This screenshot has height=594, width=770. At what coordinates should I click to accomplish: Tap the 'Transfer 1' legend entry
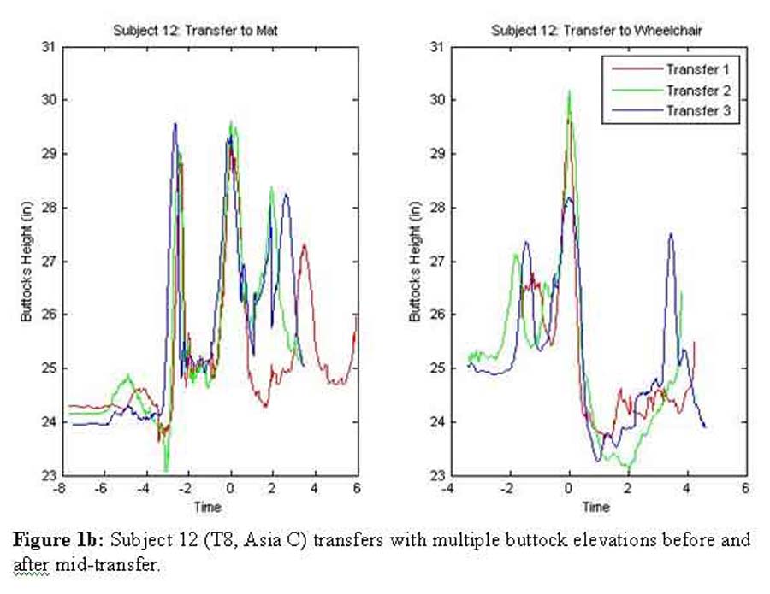701,68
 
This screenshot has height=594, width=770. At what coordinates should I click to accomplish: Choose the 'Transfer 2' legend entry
701,89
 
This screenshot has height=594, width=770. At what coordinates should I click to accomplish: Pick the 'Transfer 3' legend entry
701,109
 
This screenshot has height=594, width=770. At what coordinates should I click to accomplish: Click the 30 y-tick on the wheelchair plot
436,100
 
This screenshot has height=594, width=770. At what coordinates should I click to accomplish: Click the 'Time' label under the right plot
596,507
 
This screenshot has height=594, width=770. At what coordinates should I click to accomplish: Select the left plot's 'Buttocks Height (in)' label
26,261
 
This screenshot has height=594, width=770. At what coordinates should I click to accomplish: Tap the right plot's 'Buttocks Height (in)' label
414,261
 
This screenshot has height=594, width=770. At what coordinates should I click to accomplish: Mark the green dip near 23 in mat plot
166,469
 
